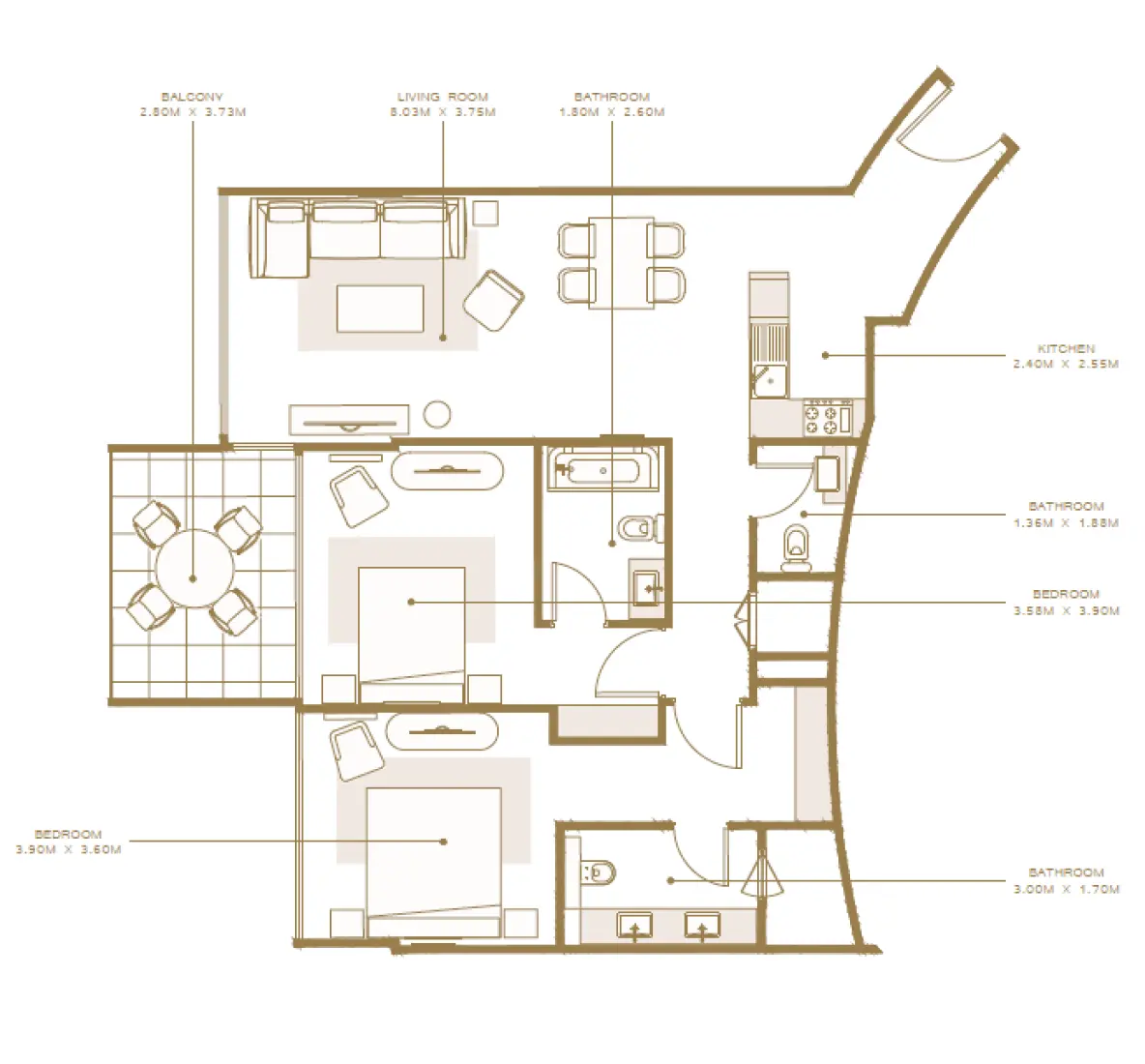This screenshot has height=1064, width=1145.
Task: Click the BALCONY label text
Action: point(192,97)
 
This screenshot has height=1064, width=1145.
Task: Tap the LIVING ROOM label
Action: point(442,97)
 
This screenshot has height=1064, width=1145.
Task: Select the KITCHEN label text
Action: point(1066,348)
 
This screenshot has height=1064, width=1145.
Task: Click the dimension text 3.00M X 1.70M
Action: point(1066,889)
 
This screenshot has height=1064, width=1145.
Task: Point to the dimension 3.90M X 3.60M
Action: point(68,849)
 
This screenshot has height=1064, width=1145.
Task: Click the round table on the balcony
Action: point(193,568)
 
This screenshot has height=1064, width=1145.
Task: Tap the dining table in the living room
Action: point(621,262)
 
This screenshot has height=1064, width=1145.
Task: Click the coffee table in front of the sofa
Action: point(380,308)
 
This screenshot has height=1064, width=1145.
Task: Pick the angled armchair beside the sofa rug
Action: point(493,299)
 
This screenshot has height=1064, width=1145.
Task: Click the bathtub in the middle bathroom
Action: point(602,472)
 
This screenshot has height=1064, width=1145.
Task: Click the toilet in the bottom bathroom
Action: point(600,872)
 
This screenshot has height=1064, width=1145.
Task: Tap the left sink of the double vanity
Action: point(634,926)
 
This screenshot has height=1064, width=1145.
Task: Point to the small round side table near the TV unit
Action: point(438,414)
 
